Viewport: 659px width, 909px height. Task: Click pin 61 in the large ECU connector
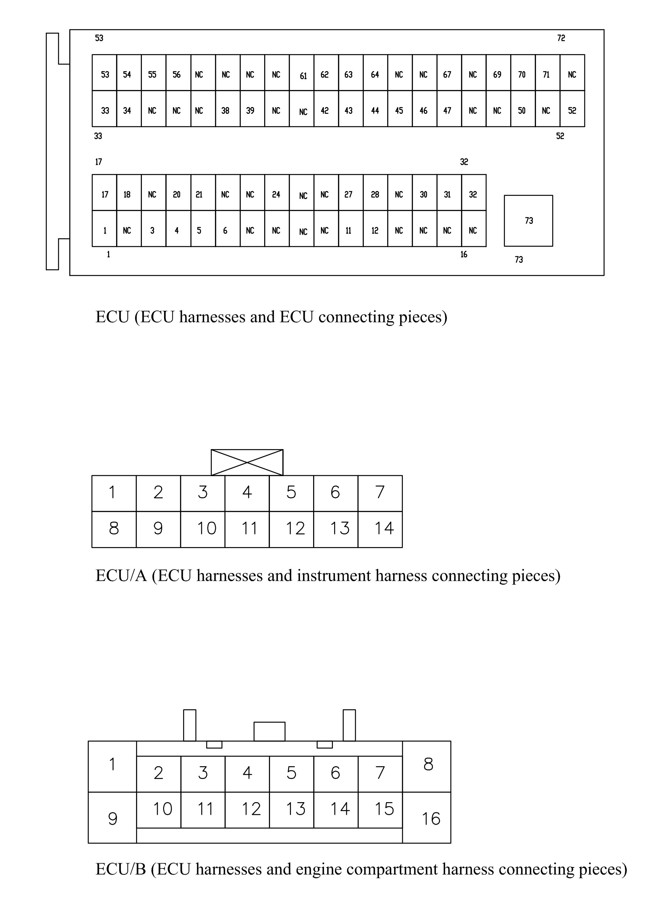pyautogui.click(x=302, y=73)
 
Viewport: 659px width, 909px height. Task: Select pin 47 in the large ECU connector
pyautogui.click(x=449, y=108)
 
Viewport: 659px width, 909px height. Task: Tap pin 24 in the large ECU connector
pyautogui.click(x=277, y=192)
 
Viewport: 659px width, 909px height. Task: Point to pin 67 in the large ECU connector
pyautogui.click(x=449, y=73)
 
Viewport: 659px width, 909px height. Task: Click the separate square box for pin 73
pyautogui.click(x=528, y=221)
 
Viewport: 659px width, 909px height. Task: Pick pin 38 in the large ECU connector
pyautogui.click(x=228, y=108)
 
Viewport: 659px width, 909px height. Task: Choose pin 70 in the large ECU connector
pyautogui.click(x=523, y=73)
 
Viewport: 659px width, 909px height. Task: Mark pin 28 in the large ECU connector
pyautogui.click(x=375, y=192)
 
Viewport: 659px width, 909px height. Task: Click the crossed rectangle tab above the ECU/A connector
pyautogui.click(x=247, y=462)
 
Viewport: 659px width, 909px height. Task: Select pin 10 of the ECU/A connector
pyautogui.click(x=203, y=530)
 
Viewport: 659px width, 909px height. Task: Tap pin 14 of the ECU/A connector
pyautogui.click(x=380, y=530)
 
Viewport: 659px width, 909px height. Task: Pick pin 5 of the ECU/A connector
pyautogui.click(x=291, y=493)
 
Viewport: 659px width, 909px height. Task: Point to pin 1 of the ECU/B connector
pyautogui.click(x=112, y=767)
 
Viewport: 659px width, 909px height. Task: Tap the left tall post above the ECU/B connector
pyautogui.click(x=189, y=725)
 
